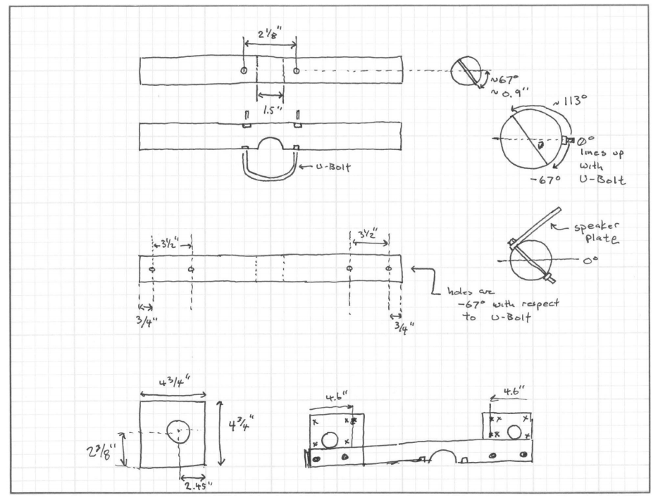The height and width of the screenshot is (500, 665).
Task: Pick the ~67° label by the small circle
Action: tap(499, 76)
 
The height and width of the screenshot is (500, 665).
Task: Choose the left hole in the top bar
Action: tap(243, 71)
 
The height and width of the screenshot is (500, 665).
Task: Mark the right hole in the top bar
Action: tap(296, 70)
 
